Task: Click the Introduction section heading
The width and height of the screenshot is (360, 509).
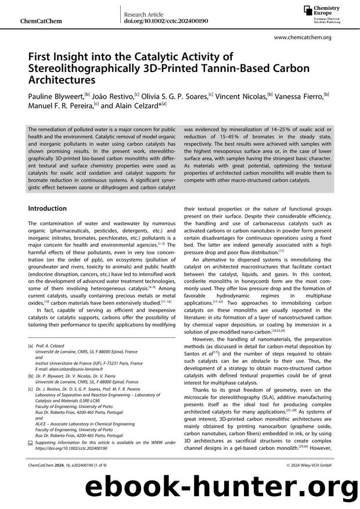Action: tap(48, 208)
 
